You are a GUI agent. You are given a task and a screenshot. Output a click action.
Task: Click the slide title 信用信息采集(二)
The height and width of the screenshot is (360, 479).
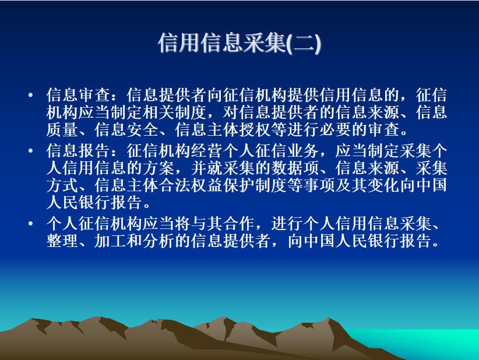tap(239, 43)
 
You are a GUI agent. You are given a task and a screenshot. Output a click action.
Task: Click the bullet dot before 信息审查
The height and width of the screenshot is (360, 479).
tap(30, 95)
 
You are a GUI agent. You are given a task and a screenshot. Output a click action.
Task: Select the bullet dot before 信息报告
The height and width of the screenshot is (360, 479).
tap(30, 150)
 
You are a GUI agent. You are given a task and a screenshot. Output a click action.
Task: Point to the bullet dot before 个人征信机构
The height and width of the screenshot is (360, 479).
tap(30, 224)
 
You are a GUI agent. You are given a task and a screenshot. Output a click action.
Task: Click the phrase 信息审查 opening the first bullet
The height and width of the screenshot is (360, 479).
tap(78, 95)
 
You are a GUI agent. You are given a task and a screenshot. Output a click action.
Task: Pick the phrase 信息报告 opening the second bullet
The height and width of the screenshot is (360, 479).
tap(78, 150)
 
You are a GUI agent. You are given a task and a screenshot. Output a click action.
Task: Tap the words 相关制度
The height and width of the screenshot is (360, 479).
tap(175, 112)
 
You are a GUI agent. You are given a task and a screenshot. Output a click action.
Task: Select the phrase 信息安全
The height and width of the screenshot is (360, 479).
tap(126, 129)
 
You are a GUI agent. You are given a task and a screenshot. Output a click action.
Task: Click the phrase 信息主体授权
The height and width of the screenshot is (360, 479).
tap(223, 129)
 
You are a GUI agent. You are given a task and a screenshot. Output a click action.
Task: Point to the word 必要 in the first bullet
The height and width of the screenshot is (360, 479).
tap(336, 129)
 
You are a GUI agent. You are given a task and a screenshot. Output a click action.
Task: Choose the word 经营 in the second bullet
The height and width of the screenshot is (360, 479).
tap(207, 150)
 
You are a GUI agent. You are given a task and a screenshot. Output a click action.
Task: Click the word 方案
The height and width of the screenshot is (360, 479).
tap(159, 168)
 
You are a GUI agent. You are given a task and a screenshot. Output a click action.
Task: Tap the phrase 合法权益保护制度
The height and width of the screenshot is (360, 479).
tap(223, 185)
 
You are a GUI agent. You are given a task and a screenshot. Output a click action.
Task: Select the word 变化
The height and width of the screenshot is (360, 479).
tap(383, 185)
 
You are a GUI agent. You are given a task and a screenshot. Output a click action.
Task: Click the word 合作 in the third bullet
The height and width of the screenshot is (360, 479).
tap(239, 224)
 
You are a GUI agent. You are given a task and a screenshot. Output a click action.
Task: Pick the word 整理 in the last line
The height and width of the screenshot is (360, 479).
tap(62, 241)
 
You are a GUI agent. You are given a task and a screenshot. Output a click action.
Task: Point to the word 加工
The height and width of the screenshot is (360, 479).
tap(110, 241)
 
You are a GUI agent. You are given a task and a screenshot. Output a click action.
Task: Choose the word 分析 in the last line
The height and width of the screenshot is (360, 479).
tap(159, 241)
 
